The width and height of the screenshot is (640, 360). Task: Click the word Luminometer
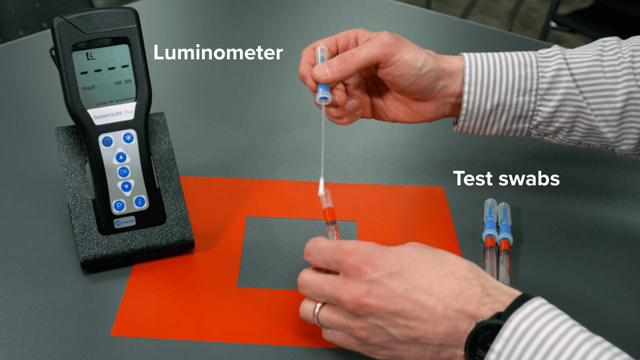pos(218,53)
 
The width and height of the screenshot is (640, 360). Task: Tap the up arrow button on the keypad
pos(121,158)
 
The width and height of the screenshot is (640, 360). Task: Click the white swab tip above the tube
pos(321,185)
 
